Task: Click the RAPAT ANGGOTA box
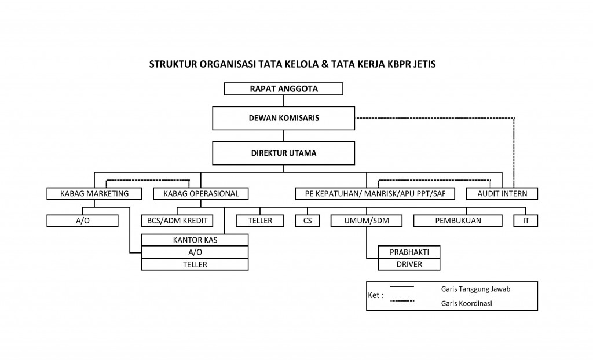point(284,89)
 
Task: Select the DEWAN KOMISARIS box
point(284,118)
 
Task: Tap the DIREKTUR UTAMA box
point(284,153)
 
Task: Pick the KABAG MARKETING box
point(95,193)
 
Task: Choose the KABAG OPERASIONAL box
point(201,193)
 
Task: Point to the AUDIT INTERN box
point(502,193)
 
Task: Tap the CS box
point(307,221)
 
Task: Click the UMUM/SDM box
point(367,221)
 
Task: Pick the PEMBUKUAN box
point(458,221)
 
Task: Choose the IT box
point(526,221)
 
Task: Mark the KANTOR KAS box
point(195,240)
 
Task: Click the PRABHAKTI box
point(409,252)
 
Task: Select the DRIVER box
point(409,264)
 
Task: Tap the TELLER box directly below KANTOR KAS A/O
point(195,265)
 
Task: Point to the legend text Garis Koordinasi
point(466,303)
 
